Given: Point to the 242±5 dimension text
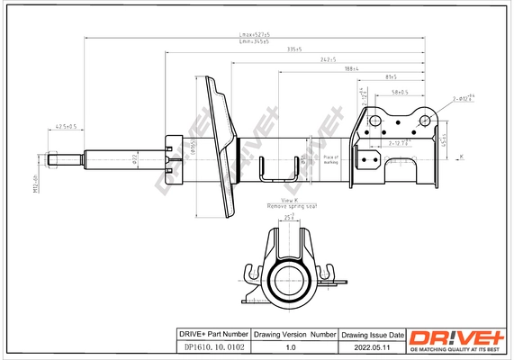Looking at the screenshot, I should coord(328,59).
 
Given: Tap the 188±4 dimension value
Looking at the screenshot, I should coord(351,69).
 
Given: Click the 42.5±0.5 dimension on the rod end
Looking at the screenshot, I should coord(66,126).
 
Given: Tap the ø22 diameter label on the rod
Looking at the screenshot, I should coord(133,161).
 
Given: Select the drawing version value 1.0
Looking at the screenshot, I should coord(290,346).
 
